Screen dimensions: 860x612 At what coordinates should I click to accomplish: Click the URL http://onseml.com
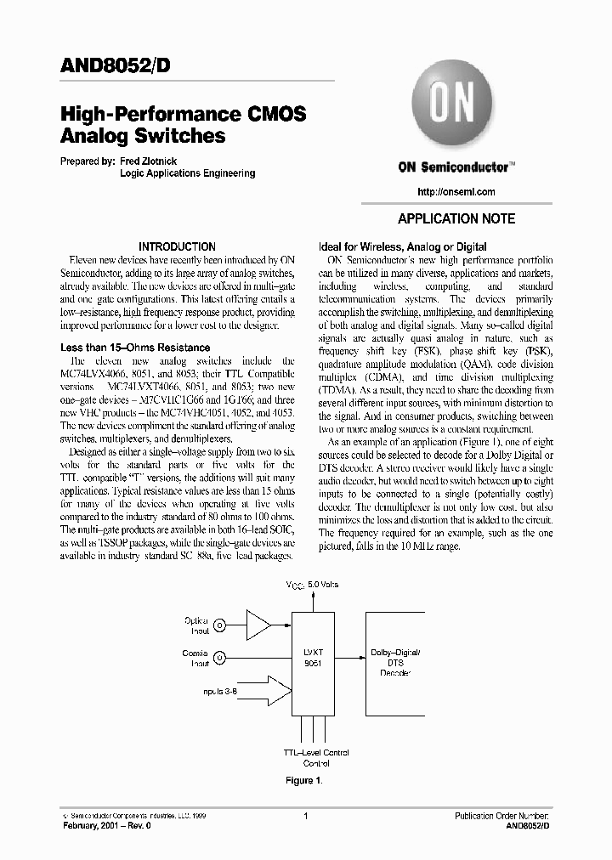[x=457, y=192]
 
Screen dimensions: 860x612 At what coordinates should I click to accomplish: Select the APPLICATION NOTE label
[x=456, y=218]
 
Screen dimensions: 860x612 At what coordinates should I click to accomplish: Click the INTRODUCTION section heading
[x=178, y=246]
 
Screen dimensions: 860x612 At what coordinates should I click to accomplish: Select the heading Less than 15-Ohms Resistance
[x=135, y=348]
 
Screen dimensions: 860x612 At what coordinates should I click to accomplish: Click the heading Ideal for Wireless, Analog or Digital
[x=401, y=247]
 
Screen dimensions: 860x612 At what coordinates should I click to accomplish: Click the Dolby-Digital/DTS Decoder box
[x=397, y=662]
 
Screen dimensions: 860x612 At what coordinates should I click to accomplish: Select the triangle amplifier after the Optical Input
[x=258, y=625]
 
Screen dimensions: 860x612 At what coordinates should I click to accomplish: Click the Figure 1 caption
[x=303, y=781]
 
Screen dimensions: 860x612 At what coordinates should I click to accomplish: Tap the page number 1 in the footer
[x=304, y=816]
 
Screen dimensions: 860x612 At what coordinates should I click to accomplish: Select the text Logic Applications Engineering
[x=188, y=173]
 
